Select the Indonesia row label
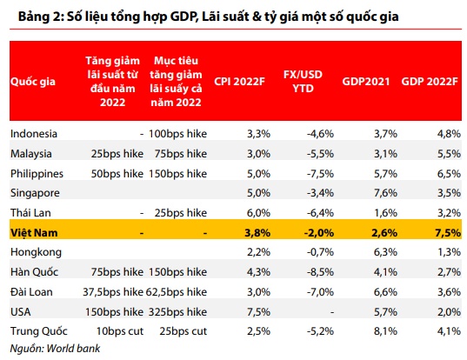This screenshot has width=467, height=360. click(x=34, y=133)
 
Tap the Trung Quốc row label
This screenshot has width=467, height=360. click(x=38, y=332)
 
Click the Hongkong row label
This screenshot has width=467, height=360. click(x=35, y=252)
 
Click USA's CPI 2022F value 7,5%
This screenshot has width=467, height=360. click(x=248, y=312)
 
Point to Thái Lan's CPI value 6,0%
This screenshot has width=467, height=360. click(x=248, y=212)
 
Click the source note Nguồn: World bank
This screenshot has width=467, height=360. click(x=55, y=350)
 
